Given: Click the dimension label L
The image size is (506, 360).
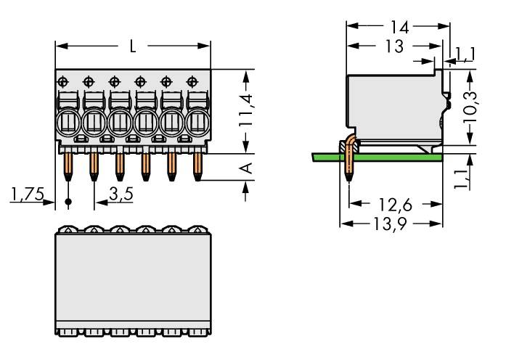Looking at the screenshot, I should pos(132,47).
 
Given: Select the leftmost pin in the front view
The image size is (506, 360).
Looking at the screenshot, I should pos(68,166).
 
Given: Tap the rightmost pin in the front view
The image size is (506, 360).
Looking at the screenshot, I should pos(197,166).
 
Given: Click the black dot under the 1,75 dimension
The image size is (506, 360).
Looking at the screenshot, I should pos(68,201).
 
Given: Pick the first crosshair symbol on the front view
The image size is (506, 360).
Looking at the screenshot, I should pos(63,80).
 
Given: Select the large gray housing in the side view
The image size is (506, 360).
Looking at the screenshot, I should pos(392,105).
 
